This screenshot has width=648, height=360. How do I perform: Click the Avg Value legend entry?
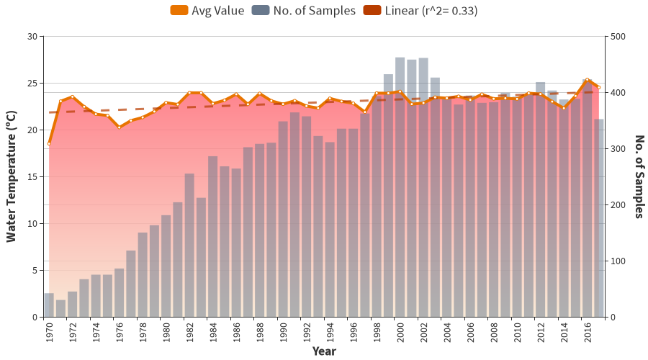coord(207,10)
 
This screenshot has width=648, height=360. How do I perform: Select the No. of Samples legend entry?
coord(303,10)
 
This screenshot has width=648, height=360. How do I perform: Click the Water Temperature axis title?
coord(11,176)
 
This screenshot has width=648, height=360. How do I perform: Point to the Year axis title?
coord(323,351)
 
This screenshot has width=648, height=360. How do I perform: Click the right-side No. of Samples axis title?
coord(638,176)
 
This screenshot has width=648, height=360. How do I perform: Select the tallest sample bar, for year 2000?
coord(400,187)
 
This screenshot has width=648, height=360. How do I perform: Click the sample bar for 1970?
coord(49,305)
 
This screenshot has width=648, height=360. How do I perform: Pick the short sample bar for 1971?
coord(60,309)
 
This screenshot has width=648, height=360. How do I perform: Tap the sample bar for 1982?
coord(189,245)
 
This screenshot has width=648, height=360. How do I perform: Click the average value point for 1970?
coord(49,144)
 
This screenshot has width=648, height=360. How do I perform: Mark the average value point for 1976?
coord(119,127)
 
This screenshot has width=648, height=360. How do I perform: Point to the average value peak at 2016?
coord(587,79)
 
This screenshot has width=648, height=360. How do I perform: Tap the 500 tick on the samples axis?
coord(616,37)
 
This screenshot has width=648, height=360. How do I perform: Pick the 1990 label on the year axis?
coord(283,332)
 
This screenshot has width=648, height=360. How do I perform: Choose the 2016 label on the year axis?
coord(587,332)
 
